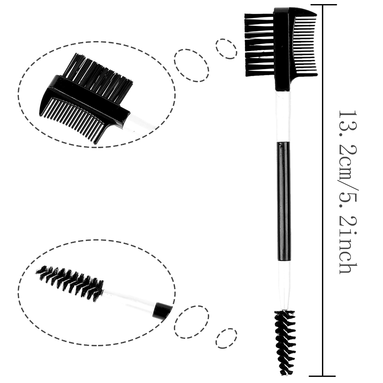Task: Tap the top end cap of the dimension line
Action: pyautogui.click(x=323, y=5)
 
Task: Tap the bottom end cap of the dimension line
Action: pyautogui.click(x=322, y=376)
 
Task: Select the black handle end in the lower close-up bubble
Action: pyautogui.click(x=163, y=310)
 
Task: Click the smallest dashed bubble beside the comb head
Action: pyautogui.click(x=226, y=49)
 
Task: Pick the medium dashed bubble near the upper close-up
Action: pyautogui.click(x=192, y=65)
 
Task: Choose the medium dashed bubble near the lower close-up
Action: pyautogui.click(x=192, y=322)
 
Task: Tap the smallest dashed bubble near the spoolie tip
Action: pyautogui.click(x=226, y=338)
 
